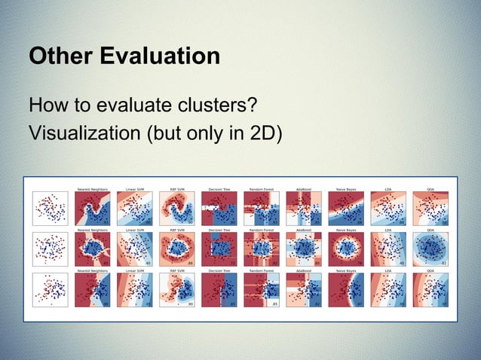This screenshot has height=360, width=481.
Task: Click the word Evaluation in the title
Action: (x=155, y=57)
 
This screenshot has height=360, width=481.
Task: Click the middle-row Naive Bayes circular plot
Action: (x=346, y=249)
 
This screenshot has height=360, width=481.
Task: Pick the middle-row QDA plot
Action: (x=430, y=249)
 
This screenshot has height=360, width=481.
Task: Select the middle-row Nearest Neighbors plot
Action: (x=93, y=249)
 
